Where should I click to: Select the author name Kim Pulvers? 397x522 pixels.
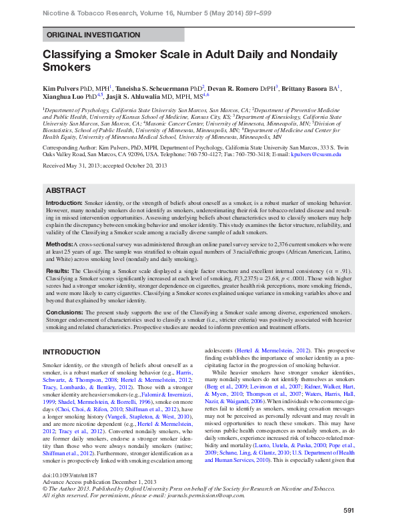pyautogui.click(x=63, y=87)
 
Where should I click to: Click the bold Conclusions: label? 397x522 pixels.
pyautogui.click(x=63, y=311)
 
